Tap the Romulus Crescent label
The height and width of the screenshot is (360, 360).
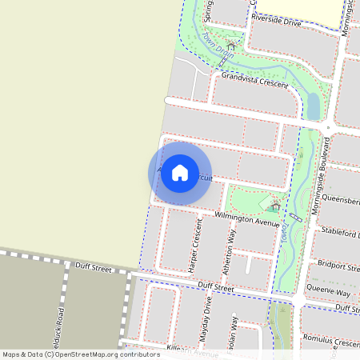[x=332, y=341]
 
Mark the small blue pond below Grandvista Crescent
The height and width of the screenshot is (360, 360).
[x=313, y=105]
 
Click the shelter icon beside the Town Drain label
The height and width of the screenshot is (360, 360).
[x=231, y=46]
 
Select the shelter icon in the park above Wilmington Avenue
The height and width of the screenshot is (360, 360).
[x=275, y=206]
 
